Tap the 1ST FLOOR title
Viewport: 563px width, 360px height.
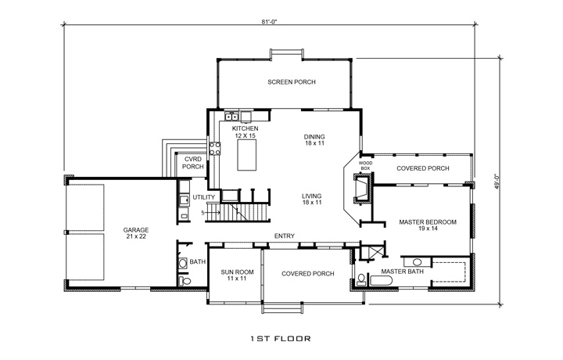tap(281, 340)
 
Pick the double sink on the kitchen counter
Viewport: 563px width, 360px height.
tap(232, 118)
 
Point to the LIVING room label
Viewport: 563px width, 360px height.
tap(314, 199)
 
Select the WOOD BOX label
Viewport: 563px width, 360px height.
tap(365, 165)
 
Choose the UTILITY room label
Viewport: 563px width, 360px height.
tap(204, 198)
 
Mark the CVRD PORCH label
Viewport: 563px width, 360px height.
tap(192, 163)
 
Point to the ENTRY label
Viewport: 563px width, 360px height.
tap(283, 235)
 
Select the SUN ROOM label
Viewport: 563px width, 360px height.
tap(231, 275)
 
